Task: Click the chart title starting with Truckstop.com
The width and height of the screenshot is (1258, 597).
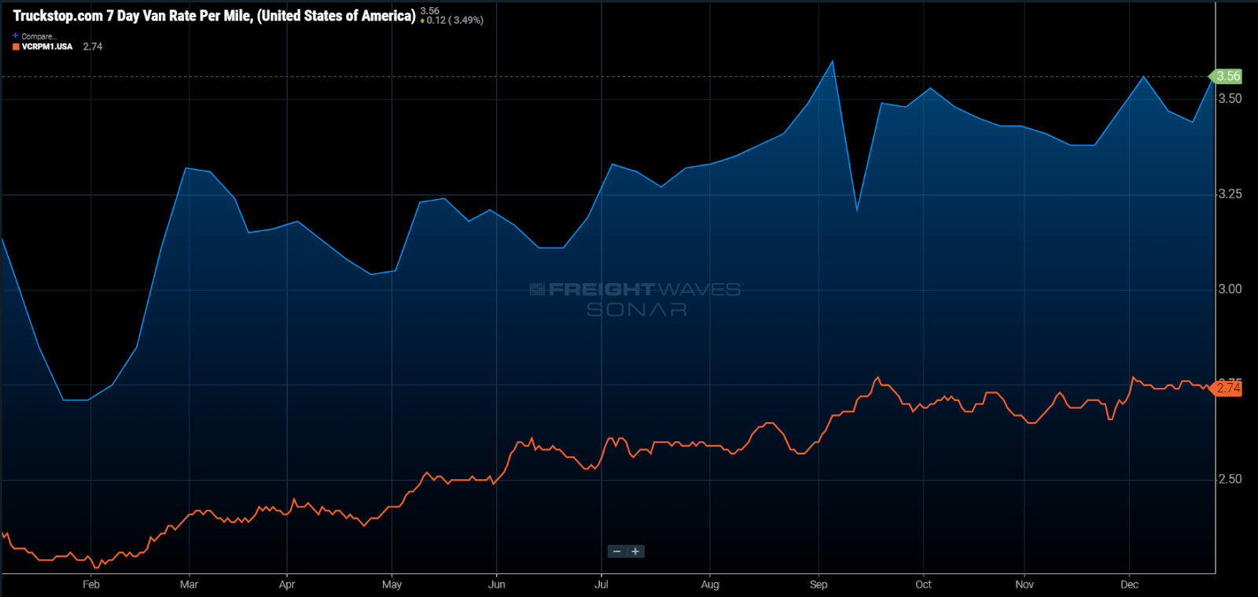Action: tap(214, 16)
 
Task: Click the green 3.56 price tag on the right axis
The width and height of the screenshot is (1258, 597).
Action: tap(1227, 76)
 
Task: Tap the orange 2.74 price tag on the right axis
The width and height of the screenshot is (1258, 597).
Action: tap(1228, 388)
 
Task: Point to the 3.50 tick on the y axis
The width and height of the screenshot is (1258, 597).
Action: tap(1230, 98)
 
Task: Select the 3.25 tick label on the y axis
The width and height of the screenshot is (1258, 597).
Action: tap(1230, 193)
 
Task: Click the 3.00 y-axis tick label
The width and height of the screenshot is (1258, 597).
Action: tap(1230, 289)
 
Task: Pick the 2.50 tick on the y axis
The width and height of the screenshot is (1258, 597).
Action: tap(1230, 479)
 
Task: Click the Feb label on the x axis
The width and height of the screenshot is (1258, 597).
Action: tap(91, 584)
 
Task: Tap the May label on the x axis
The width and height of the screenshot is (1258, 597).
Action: tap(392, 584)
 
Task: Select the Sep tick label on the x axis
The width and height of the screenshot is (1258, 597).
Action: tap(818, 584)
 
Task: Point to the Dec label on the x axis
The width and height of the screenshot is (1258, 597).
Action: tap(1129, 584)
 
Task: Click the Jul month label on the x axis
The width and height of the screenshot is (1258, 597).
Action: tap(601, 584)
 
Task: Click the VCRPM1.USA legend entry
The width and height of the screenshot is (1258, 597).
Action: tap(46, 46)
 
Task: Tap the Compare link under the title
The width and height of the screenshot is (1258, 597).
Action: tap(38, 36)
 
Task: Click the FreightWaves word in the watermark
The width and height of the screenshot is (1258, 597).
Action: tap(601, 289)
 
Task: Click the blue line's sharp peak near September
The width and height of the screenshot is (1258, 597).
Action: tap(833, 61)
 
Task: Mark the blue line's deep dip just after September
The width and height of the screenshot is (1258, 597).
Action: tap(857, 210)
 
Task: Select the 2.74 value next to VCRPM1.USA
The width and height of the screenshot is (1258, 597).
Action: tap(93, 46)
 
